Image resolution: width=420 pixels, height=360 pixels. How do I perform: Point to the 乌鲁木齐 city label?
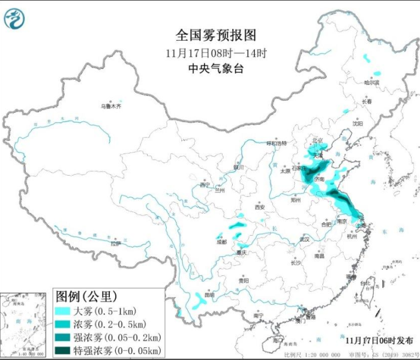tap(110, 106)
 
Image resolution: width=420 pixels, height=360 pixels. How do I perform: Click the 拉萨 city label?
tap(115, 244)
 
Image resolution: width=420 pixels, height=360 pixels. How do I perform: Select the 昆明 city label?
tap(208, 295)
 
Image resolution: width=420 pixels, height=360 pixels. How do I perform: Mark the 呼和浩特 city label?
tap(277, 143)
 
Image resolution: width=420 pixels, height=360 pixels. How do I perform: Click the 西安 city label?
tap(259, 207)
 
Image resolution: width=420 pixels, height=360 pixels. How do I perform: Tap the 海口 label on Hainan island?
tap(277, 340)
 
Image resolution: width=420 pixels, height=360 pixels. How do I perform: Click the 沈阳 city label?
tap(358, 124)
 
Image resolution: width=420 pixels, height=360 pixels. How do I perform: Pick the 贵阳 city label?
tap(242, 280)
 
